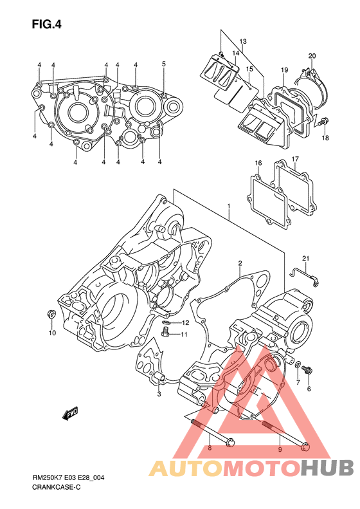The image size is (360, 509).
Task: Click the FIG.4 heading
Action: [x=47, y=24]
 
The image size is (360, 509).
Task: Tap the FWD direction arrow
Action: [x=70, y=413]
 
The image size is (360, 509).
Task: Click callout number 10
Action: [x=52, y=333]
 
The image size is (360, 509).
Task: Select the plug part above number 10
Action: [x=51, y=314]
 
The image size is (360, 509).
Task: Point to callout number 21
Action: [x=306, y=259]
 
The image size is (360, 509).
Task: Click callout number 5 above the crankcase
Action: [x=164, y=64]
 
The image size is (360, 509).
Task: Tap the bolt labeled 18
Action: [x=323, y=122]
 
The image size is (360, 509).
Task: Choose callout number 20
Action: [x=312, y=56]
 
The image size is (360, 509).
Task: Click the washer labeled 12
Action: [x=167, y=322]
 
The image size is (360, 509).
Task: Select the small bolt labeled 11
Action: [x=166, y=333]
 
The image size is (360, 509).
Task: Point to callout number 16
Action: [x=258, y=163]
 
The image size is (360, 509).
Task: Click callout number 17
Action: [x=295, y=159]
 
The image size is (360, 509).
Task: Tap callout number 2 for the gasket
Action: [x=240, y=263]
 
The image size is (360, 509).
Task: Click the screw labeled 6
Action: [x=307, y=370]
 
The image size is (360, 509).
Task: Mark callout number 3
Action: [x=159, y=394]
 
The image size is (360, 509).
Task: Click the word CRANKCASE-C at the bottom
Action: [x=56, y=487]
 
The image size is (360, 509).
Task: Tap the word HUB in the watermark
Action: [x=327, y=468]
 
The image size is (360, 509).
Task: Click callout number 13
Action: [x=243, y=41]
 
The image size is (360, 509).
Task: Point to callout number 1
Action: [x=229, y=206]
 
